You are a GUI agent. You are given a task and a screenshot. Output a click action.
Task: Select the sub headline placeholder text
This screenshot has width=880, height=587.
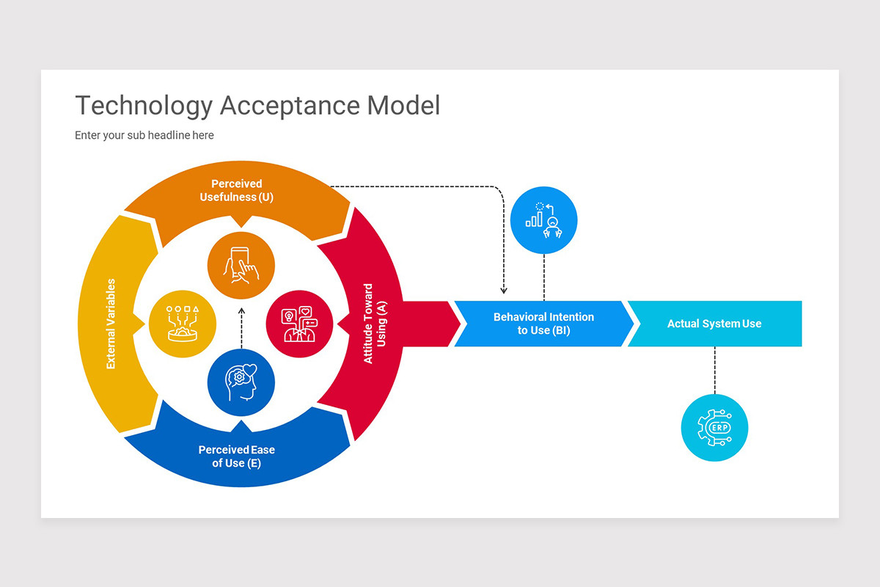pos(144,135)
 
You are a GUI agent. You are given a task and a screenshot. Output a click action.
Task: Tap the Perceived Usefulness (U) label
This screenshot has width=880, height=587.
pos(236,191)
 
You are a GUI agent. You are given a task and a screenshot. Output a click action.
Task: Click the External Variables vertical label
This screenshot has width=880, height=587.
pos(111,324)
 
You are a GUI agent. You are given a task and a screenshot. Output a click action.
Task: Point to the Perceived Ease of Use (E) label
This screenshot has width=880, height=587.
pos(236,456)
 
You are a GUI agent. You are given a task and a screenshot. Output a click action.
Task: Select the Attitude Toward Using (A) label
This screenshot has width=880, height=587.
pos(375,324)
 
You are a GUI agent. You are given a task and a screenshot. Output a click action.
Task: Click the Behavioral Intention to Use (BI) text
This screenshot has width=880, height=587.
pos(543,324)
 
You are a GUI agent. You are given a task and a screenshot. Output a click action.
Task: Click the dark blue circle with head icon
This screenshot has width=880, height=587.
pos(241,382)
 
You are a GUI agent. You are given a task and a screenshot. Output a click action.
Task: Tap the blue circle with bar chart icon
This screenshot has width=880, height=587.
pos(543,220)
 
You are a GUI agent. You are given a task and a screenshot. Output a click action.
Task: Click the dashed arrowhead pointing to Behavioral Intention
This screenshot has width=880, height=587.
pos(504,290)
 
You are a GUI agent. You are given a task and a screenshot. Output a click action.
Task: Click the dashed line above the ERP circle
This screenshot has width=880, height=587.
pos(714,371)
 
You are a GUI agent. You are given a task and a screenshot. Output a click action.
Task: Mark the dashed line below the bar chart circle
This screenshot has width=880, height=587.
pos(543,277)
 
